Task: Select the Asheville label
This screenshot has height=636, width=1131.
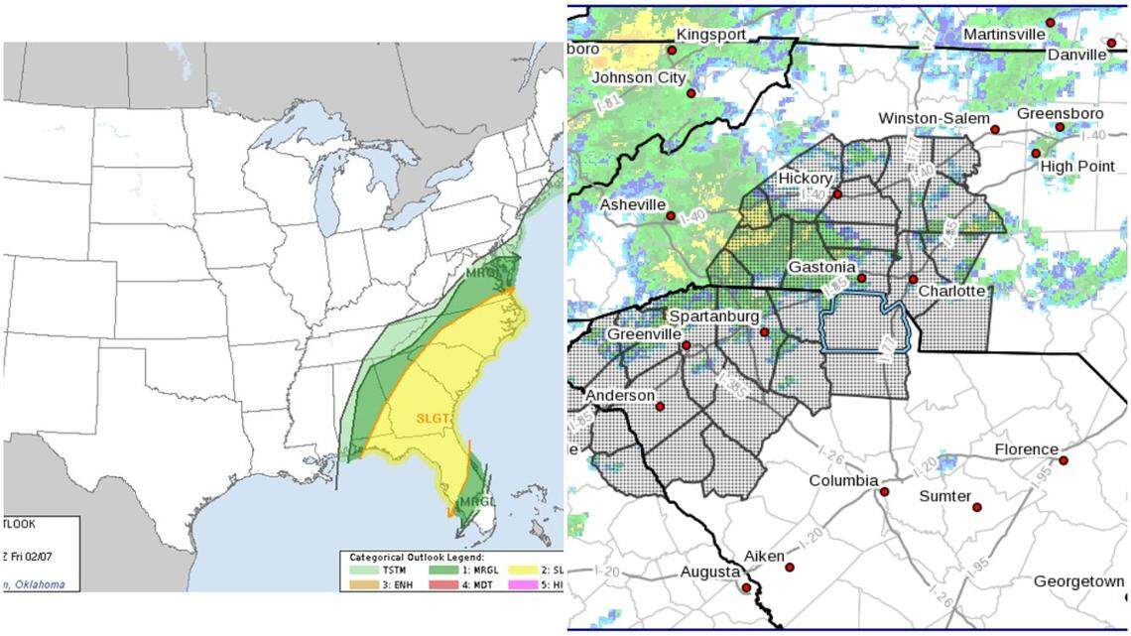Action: pos(632,204)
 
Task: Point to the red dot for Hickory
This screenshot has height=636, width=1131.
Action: pos(836,194)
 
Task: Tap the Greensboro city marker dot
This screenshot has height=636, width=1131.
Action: pos(1060,127)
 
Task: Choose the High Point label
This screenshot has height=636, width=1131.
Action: pos(1077,166)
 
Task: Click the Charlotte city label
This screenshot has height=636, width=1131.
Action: pos(950,291)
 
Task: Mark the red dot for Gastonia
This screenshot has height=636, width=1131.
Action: pos(862,278)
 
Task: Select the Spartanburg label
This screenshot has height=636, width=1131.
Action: pos(713,317)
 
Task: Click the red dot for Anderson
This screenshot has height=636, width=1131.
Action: pos(660,406)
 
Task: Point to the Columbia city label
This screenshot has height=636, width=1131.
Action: pos(843,481)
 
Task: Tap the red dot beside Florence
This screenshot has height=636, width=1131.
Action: pos(1064,460)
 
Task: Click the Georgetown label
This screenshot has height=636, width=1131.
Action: pos(1078,581)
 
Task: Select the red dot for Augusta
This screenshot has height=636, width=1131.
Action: pos(746,587)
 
